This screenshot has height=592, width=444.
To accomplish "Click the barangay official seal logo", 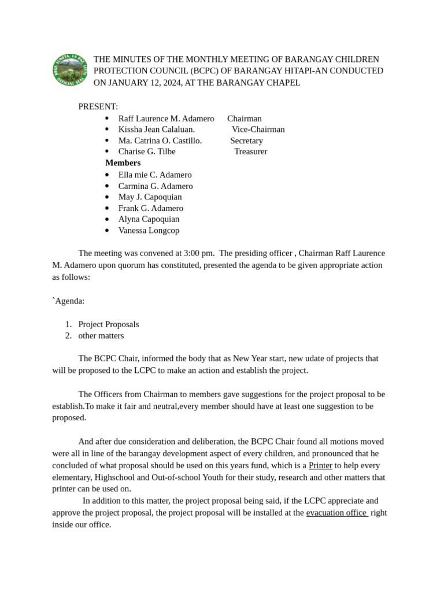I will [71, 71].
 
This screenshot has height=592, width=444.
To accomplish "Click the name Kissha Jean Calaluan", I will [156, 129].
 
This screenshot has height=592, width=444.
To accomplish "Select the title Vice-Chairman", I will [258, 129].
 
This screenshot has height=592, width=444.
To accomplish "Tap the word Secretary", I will [246, 140].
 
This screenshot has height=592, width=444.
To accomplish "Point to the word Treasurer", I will [250, 151].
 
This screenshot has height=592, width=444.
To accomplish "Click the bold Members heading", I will [123, 163].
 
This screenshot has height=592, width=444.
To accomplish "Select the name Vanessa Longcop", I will [149, 230].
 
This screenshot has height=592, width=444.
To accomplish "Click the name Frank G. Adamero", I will [150, 208].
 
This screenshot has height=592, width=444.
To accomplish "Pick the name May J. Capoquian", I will [150, 197].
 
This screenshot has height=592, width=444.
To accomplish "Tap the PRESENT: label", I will [98, 107].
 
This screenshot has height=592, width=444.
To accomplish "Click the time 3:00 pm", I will [199, 253].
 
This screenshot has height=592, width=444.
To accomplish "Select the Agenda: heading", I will [69, 301].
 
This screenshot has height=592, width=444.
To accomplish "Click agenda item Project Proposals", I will [108, 324].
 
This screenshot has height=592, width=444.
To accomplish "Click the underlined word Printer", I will [320, 465].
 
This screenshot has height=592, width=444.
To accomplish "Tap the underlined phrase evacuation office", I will [336, 512].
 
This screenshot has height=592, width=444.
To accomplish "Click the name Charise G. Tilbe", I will [147, 151].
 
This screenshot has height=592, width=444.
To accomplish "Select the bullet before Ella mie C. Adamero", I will [108, 175].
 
